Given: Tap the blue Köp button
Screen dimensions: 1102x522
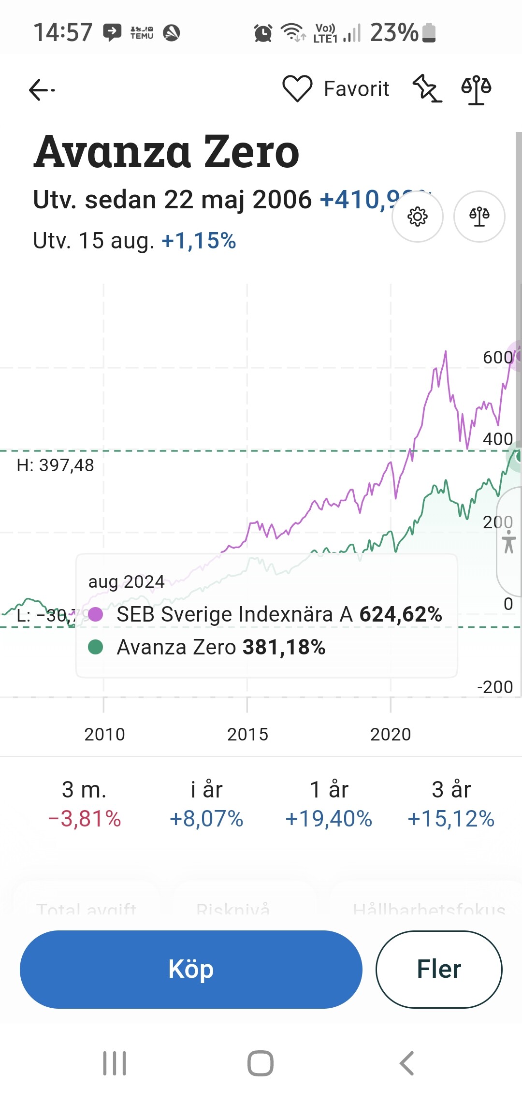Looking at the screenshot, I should point(191,969).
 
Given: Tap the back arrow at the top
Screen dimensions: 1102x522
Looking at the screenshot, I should point(42,90).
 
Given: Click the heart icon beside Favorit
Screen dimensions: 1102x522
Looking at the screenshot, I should point(297,89).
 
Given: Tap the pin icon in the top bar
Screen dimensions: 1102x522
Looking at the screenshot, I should point(427,88).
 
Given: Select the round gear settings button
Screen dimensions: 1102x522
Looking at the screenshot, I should point(418,217).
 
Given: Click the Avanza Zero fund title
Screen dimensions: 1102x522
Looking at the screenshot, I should point(167,152).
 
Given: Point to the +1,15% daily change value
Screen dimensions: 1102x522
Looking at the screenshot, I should point(199,241).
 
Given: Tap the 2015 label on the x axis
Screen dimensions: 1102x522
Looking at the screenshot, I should point(247,734).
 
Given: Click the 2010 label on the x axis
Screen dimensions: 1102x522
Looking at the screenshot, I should point(104,734).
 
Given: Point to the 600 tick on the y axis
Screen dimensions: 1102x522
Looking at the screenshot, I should point(497,357).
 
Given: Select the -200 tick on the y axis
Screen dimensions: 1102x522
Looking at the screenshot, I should point(495,687).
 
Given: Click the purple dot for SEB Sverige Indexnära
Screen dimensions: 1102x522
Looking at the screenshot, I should point(96,614).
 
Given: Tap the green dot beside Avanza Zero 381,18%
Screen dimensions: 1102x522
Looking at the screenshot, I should point(96,647).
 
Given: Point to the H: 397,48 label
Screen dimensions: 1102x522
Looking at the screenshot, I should point(56,465).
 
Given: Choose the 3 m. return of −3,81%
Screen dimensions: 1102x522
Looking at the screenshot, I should point(85,818).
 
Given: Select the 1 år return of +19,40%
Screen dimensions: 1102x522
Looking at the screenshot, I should point(329,818).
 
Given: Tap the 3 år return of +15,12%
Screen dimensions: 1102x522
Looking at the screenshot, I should point(451,818).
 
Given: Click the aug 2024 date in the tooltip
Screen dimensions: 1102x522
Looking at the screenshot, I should point(126,581).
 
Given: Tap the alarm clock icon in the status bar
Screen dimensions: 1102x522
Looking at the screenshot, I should point(263,33).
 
